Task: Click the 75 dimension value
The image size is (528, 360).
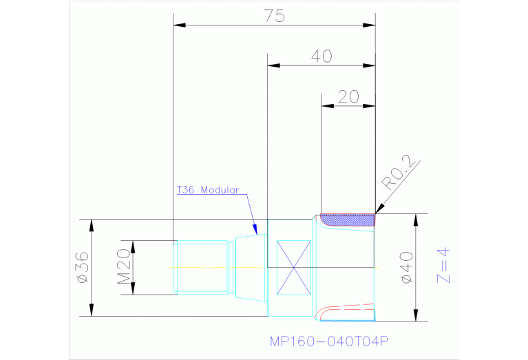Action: pos(275,16)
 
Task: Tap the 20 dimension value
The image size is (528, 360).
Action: pos(348,97)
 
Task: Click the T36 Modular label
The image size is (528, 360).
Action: pos(208,190)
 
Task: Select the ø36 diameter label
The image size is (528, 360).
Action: pos(83,268)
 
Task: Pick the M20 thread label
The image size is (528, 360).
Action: pos(123,266)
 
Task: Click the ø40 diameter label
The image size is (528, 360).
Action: pos(406,268)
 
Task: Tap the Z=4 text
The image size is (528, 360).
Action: pos(443,266)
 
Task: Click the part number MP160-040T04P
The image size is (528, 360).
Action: pos(329,341)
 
